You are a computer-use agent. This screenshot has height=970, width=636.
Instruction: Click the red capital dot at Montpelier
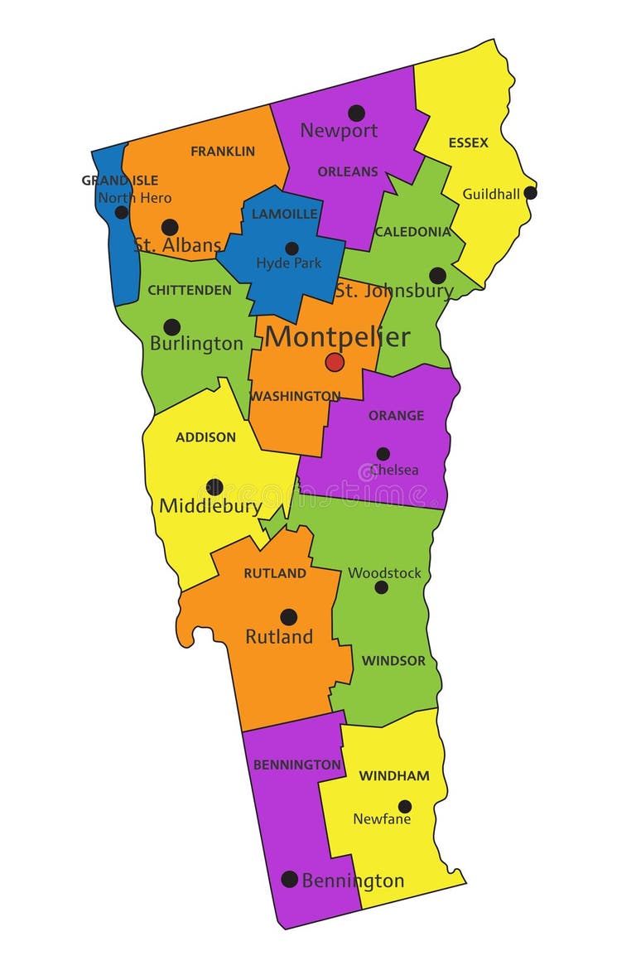pyautogui.click(x=335, y=362)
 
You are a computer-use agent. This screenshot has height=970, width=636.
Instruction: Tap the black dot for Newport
pyautogui.click(x=356, y=113)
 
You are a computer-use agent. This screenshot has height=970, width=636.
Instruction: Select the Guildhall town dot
pyautogui.click(x=531, y=193)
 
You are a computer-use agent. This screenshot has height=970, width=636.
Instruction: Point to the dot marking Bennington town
pyautogui.click(x=289, y=879)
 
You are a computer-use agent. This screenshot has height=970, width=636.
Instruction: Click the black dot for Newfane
pyautogui.click(x=405, y=806)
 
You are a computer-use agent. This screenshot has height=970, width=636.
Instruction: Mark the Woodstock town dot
pyautogui.click(x=382, y=587)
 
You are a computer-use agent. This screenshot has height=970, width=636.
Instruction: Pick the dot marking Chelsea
pyautogui.click(x=383, y=454)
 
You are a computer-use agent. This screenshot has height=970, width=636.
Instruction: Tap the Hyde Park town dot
pyautogui.click(x=291, y=249)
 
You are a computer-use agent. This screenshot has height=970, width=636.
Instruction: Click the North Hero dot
pyautogui.click(x=122, y=212)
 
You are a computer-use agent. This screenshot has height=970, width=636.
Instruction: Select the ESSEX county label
pyautogui.click(x=469, y=142)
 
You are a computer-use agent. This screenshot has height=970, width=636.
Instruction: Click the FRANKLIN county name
pyautogui.click(x=223, y=152)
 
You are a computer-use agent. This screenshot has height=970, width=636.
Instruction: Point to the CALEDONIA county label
pyautogui.click(x=412, y=232)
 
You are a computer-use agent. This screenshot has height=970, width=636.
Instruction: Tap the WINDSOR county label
pyautogui.click(x=393, y=661)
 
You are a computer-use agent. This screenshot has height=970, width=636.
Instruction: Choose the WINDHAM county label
pyautogui.click(x=394, y=776)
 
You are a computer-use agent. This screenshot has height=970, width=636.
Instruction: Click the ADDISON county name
pyautogui.click(x=205, y=437)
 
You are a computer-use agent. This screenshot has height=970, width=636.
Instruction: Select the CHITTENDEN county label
pyautogui.click(x=190, y=290)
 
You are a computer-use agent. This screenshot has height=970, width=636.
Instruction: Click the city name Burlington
pyautogui.click(x=197, y=344)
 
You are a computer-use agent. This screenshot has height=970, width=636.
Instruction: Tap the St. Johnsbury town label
pyautogui.click(x=394, y=291)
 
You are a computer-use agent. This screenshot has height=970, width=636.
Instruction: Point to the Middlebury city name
pyautogui.click(x=210, y=506)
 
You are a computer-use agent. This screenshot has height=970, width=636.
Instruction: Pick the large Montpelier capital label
pyautogui.click(x=338, y=337)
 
